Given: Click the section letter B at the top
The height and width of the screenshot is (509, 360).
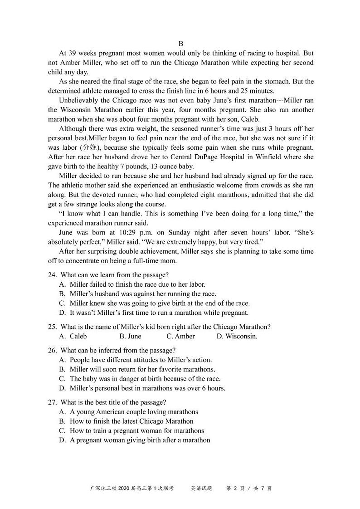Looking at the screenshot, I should click(180, 44).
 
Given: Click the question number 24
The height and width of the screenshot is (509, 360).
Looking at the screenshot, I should click(52, 275).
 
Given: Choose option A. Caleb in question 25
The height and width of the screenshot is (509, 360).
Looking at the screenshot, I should click(73, 336).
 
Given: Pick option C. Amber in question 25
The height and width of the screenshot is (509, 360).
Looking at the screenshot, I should click(180, 336).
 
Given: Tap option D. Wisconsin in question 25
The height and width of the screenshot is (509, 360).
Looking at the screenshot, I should click(237, 336).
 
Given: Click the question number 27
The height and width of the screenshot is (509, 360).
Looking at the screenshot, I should click(52, 402).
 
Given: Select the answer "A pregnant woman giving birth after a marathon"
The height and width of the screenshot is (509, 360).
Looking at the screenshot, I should click(140, 440).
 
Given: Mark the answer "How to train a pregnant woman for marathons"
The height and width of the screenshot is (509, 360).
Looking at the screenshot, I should click(136, 431).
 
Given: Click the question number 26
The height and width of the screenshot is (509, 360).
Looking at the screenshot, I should click(52, 350).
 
